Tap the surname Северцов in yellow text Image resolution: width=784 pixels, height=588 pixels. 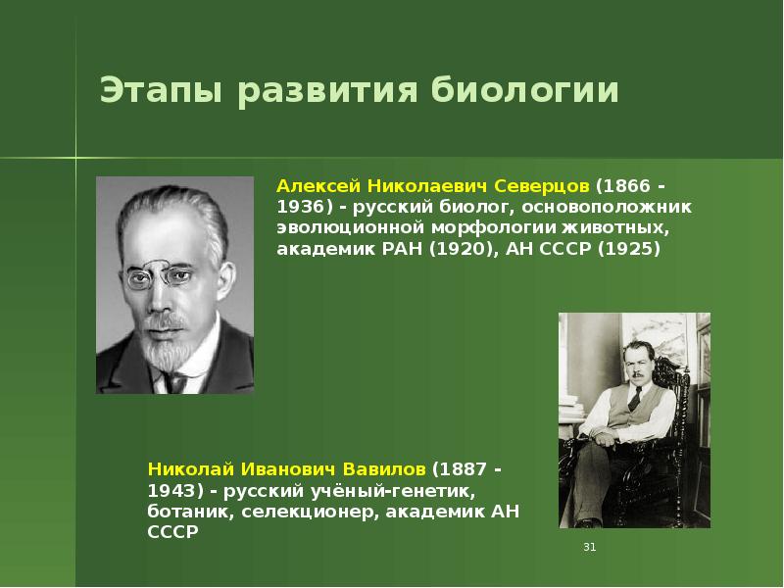542,185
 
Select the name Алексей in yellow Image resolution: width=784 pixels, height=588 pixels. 315,185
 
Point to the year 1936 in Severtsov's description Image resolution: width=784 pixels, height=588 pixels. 301,207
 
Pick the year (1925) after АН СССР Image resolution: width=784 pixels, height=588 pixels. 628,249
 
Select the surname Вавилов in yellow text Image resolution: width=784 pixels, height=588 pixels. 384,469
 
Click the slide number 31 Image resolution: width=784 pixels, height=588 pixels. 590,546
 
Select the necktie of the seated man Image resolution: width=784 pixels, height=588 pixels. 633,398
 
